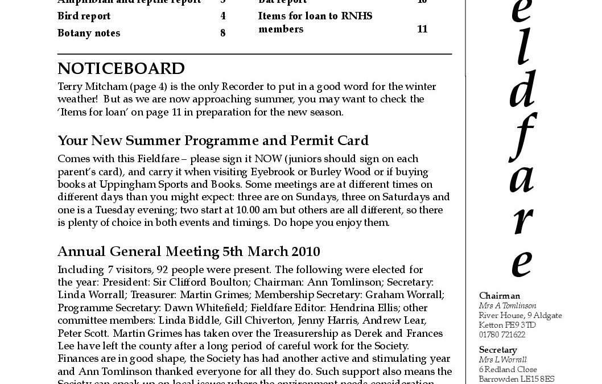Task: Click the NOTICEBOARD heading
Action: pyautogui.click(x=121, y=69)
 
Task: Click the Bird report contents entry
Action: pyautogui.click(x=84, y=16)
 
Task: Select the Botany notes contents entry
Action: pyautogui.click(x=89, y=33)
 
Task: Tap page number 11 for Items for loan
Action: pyautogui.click(x=422, y=29)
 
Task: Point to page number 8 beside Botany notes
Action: pyautogui.click(x=223, y=33)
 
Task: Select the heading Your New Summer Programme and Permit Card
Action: pyautogui.click(x=213, y=141)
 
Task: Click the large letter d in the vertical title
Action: pyautogui.click(x=521, y=90)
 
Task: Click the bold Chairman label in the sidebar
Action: pyautogui.click(x=500, y=296)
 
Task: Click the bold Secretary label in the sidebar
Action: pyautogui.click(x=497, y=350)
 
